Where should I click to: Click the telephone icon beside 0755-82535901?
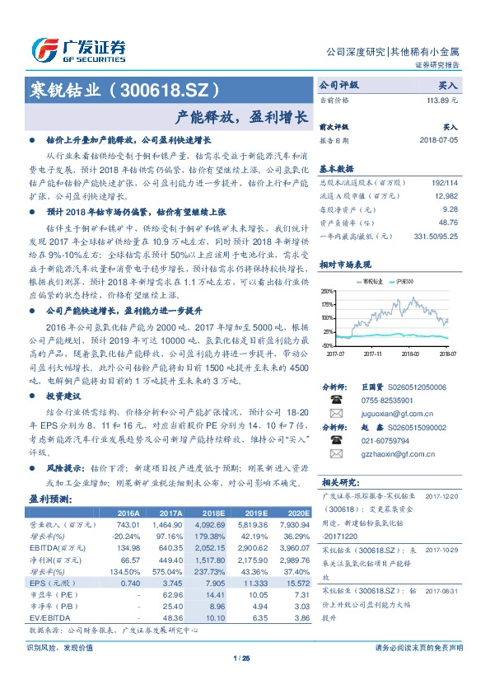point(335,400)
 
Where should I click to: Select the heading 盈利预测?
point(50,499)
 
